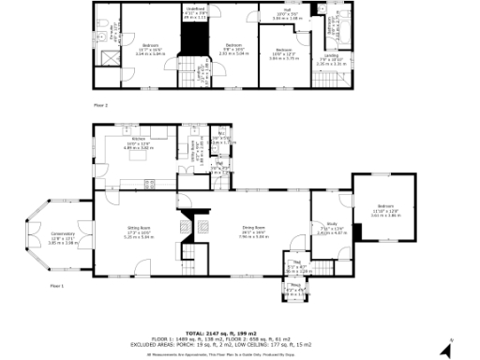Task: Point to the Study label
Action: [x=326, y=227]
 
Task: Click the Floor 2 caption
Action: [x=100, y=105]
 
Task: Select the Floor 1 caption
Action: [x=56, y=284]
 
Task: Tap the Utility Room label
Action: [x=198, y=150]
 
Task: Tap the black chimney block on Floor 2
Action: [x=194, y=42]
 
